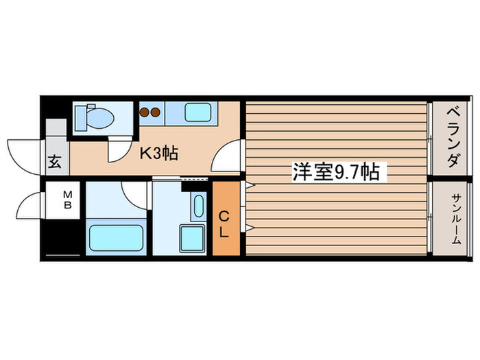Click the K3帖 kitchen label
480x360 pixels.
159,153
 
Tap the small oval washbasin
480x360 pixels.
199,206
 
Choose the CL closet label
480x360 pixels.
224,225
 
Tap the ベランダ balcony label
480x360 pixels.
452,137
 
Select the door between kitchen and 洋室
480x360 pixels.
226,156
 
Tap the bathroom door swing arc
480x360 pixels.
136,193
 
